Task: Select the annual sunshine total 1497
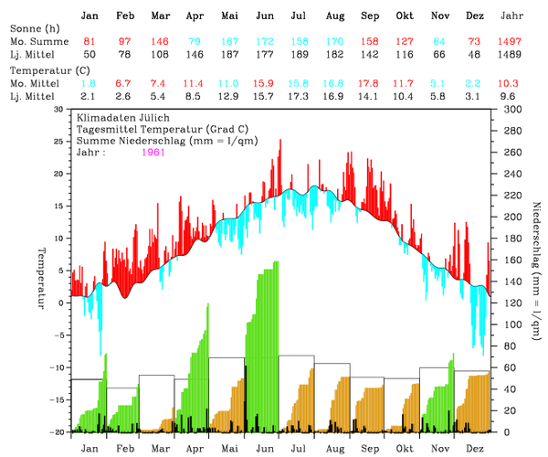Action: click(x=513, y=43)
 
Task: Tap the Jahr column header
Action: click(x=513, y=16)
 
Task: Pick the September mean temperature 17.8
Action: click(x=369, y=83)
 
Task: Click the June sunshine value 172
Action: click(x=265, y=43)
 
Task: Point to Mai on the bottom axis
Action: click(x=229, y=449)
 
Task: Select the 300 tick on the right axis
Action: click(x=510, y=109)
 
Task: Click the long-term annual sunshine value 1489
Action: click(x=513, y=56)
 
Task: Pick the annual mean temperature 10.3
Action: click(x=513, y=83)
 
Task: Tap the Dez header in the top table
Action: click(x=475, y=16)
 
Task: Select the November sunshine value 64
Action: click(x=439, y=43)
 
